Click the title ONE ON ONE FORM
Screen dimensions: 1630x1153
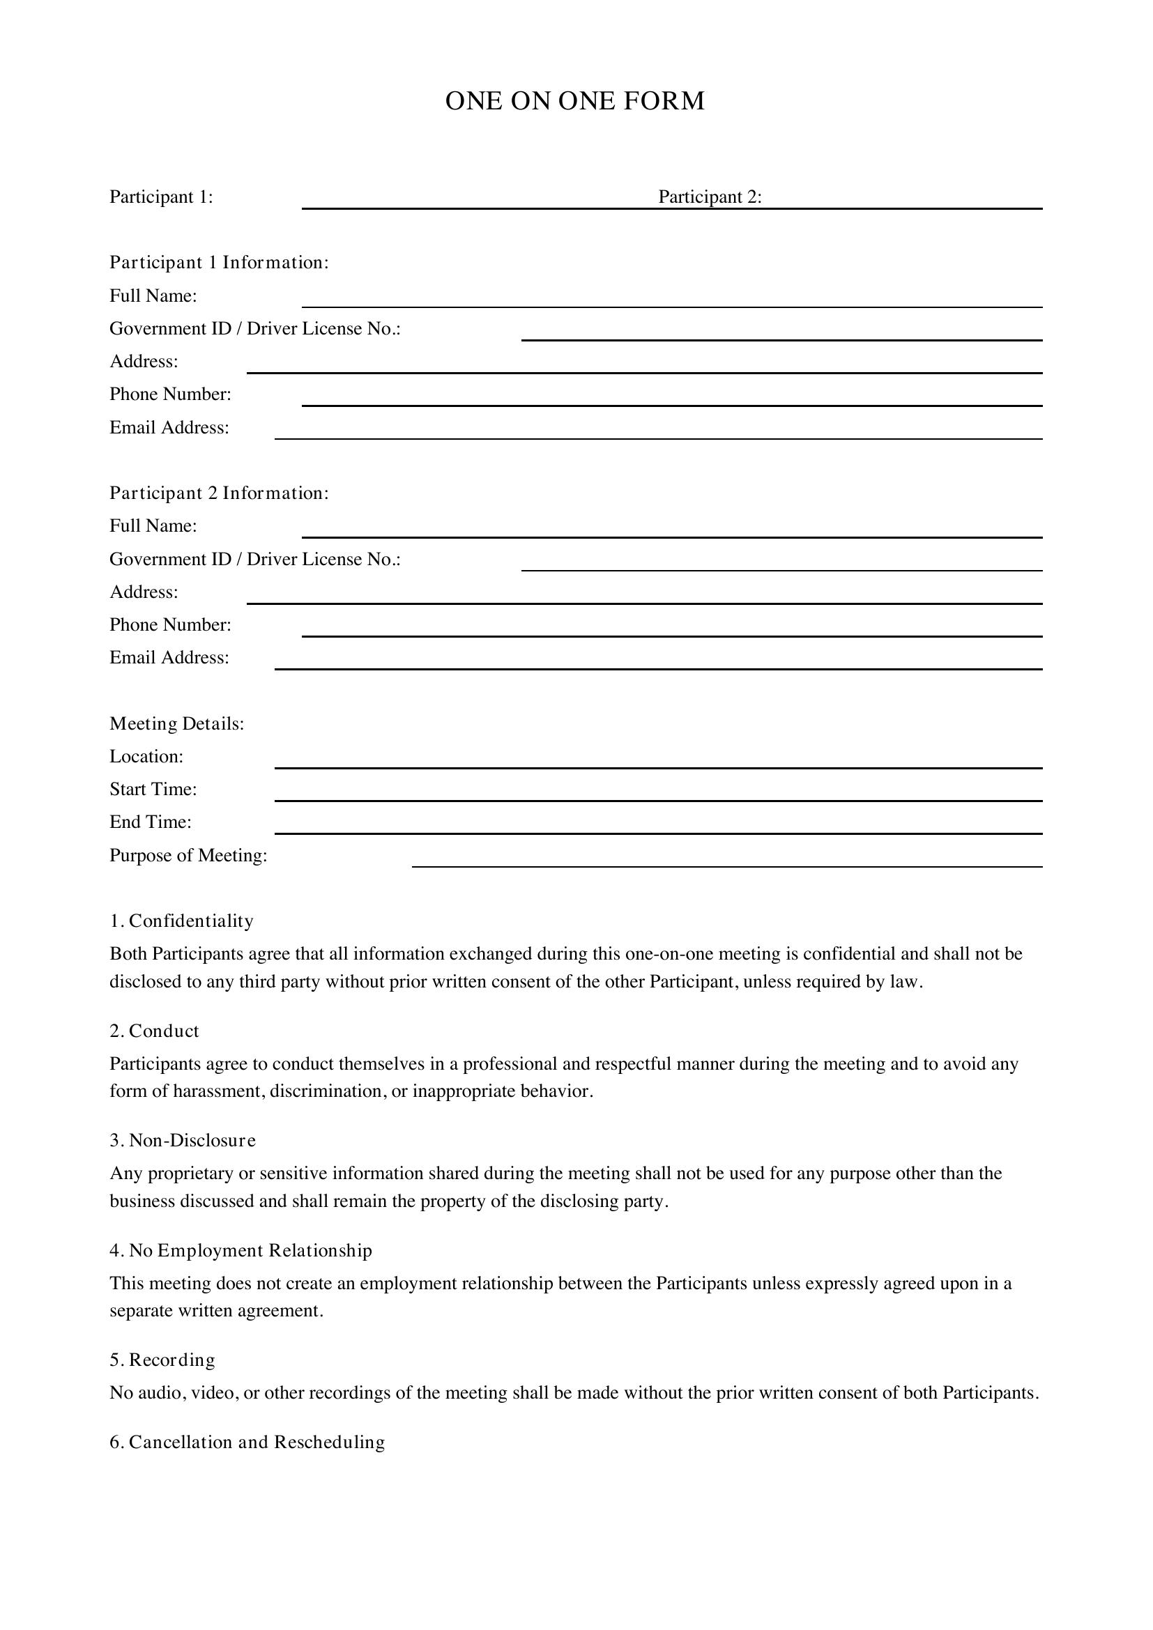(x=574, y=101)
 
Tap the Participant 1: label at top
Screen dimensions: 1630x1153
(x=161, y=197)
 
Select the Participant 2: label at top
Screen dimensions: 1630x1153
(x=709, y=197)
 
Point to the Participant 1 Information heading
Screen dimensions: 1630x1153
(x=219, y=263)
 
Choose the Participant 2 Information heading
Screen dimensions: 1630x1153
(x=219, y=493)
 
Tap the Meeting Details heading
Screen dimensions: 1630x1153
(x=177, y=723)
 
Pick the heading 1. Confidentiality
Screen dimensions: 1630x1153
(x=181, y=921)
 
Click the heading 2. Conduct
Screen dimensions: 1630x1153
(x=154, y=1031)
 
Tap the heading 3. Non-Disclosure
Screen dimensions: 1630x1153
(x=183, y=1140)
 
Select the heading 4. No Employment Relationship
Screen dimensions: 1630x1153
(x=240, y=1250)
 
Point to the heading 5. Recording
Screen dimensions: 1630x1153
(x=162, y=1360)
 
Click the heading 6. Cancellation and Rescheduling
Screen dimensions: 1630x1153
(x=247, y=1442)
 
